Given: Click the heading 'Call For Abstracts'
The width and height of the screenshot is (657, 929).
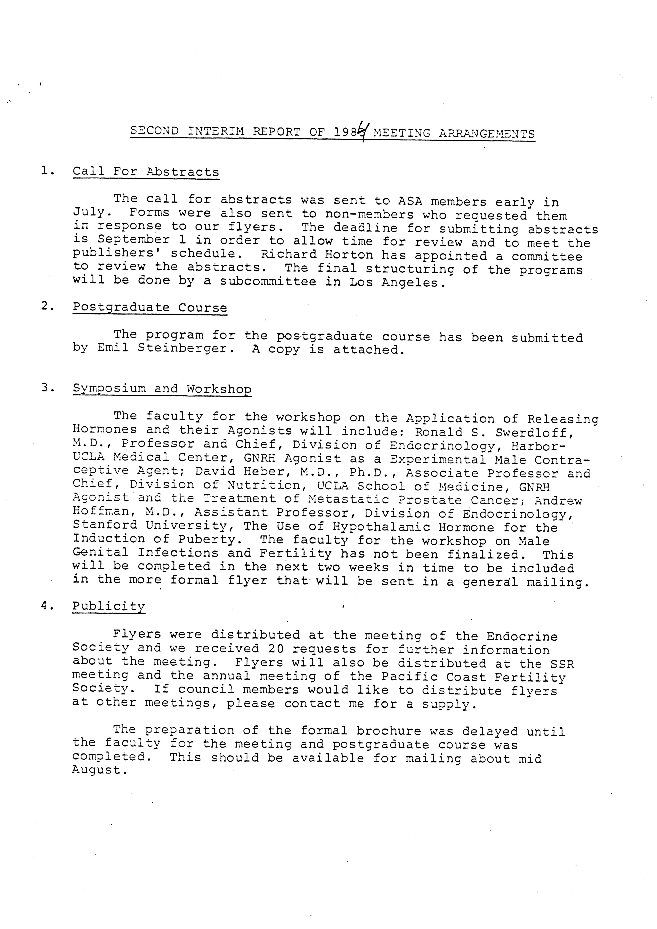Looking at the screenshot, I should pyautogui.click(x=146, y=172).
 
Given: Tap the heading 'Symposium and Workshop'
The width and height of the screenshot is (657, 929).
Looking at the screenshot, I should pyautogui.click(x=162, y=389).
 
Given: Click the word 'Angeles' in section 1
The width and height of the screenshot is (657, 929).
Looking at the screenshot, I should pyautogui.click(x=410, y=282).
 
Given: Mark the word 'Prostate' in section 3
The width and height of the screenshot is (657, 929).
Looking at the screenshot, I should pyautogui.click(x=429, y=500).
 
